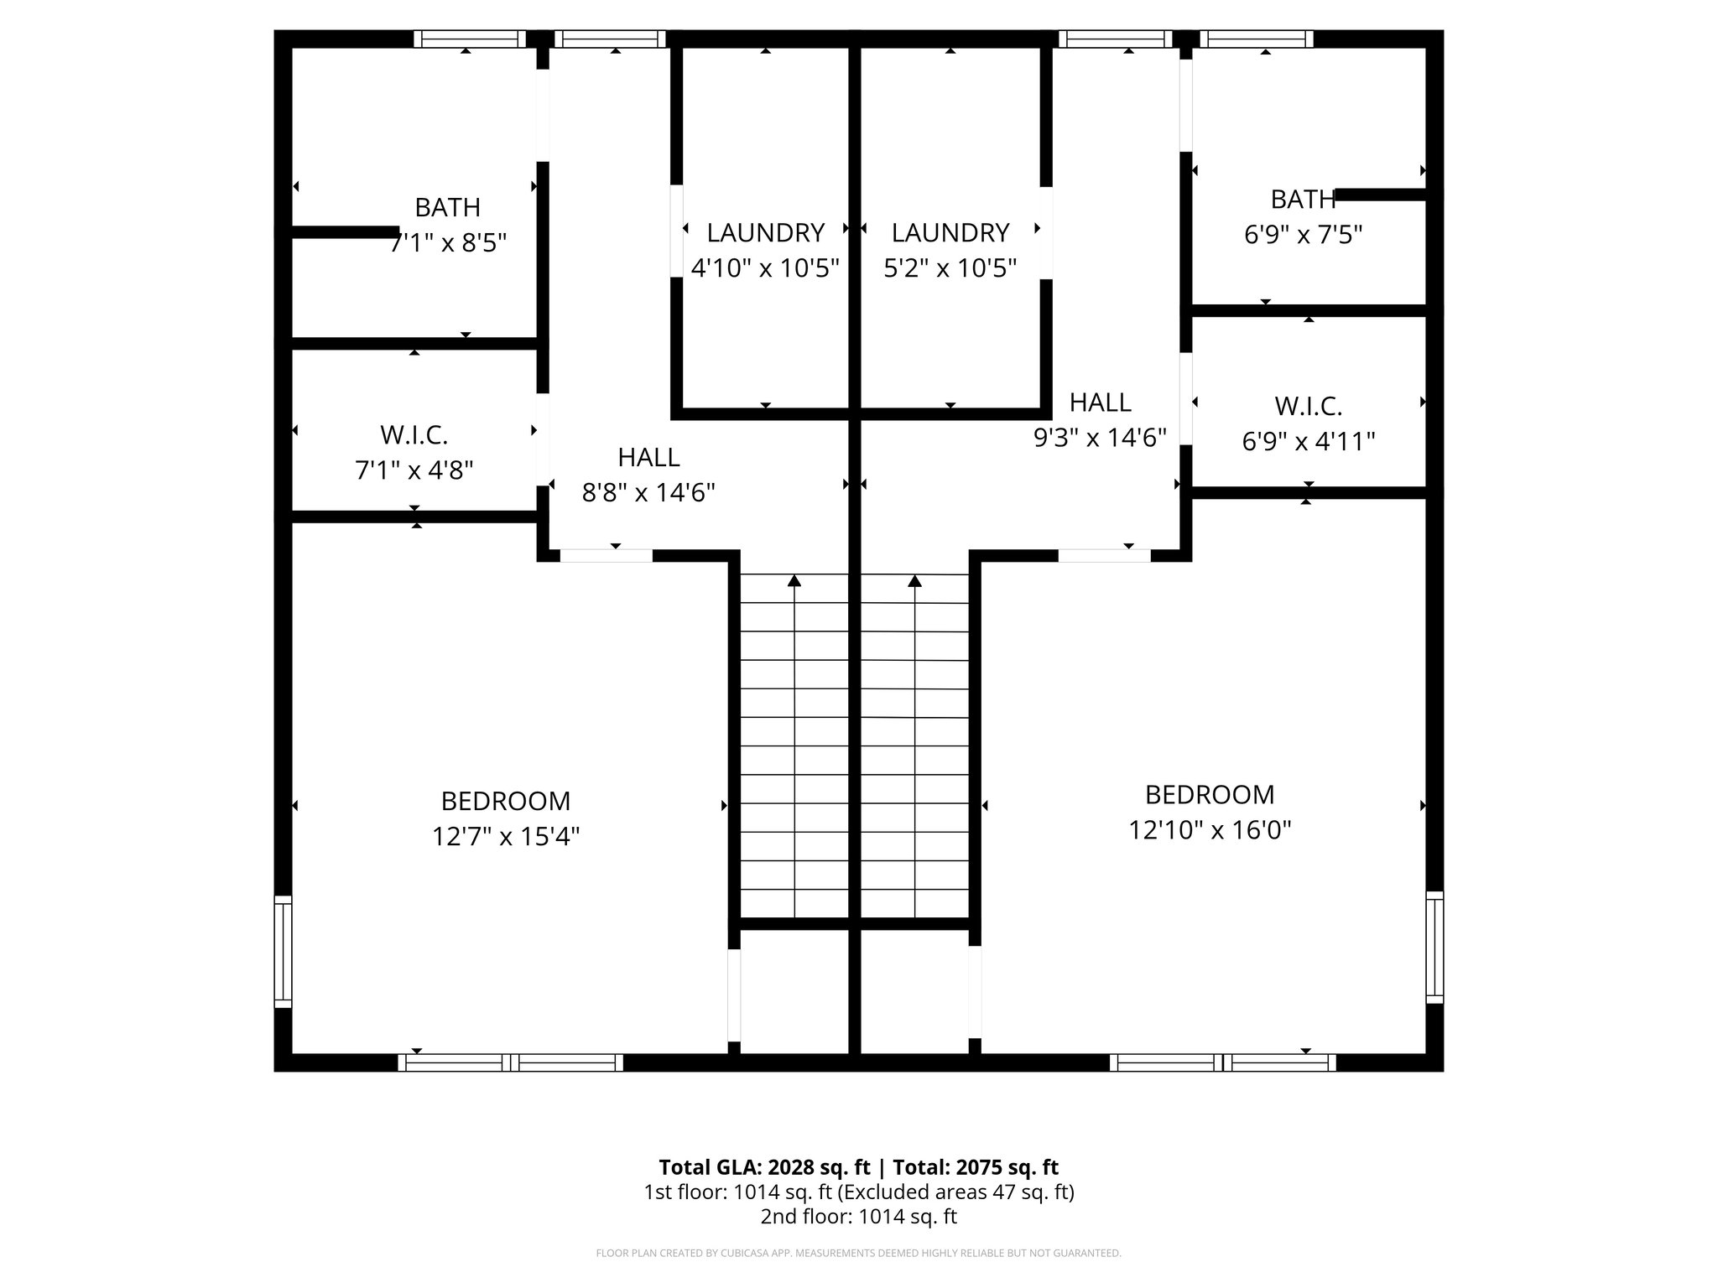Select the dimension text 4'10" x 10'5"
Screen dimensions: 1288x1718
click(x=765, y=268)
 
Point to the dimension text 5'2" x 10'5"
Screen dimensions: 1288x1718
click(x=950, y=268)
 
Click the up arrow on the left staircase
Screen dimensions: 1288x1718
click(x=794, y=580)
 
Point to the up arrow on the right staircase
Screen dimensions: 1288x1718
click(x=915, y=580)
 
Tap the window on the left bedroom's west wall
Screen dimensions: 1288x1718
click(x=284, y=951)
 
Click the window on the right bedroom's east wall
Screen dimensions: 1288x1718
click(x=1434, y=947)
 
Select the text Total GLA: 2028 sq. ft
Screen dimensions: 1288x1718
click(x=765, y=1167)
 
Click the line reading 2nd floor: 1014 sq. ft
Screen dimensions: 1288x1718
click(x=858, y=1217)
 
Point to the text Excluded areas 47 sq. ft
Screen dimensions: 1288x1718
click(x=955, y=1192)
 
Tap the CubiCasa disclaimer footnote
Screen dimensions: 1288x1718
click(x=858, y=1254)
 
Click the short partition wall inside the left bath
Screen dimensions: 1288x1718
click(x=344, y=232)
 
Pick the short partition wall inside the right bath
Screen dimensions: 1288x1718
click(x=1380, y=195)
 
